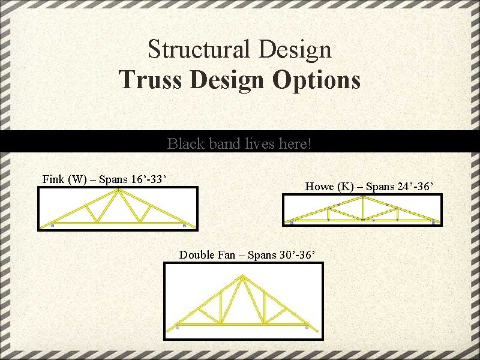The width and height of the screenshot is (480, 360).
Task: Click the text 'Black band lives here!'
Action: pyautogui.click(x=239, y=144)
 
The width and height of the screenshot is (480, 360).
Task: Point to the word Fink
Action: pyautogui.click(x=53, y=179)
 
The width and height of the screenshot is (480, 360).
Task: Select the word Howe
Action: pyautogui.click(x=320, y=187)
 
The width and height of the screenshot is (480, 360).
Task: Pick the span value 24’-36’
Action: pyautogui.click(x=419, y=187)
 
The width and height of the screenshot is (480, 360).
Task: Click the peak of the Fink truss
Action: pyautogui.click(x=118, y=191)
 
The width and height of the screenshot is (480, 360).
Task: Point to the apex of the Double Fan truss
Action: pyautogui.click(x=243, y=277)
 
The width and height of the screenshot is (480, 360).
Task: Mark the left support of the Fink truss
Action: pyautogui.click(x=53, y=225)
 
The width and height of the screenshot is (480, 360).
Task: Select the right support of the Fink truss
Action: pyautogui.click(x=184, y=225)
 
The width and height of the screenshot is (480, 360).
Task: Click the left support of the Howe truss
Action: pyautogui.click(x=292, y=223)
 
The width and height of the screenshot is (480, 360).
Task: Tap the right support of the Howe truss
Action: pyautogui.click(x=433, y=223)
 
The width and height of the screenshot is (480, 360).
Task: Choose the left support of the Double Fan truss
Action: pyautogui.click(x=178, y=328)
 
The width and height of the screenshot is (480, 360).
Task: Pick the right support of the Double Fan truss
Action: pyautogui.click(x=307, y=328)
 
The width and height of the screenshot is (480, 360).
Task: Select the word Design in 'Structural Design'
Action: pyautogui.click(x=296, y=49)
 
